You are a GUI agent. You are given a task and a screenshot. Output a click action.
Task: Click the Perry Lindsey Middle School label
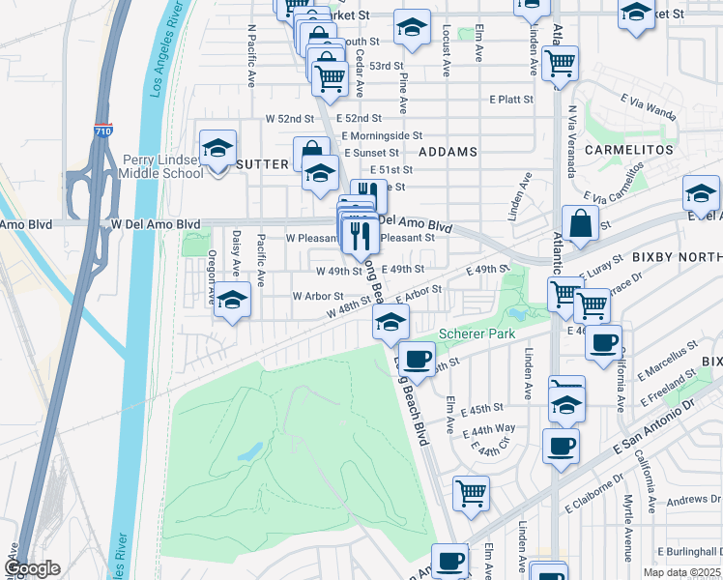[162, 166]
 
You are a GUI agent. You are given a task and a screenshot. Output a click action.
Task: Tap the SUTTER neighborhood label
[264, 165]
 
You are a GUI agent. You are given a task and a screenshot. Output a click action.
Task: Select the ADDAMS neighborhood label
[448, 153]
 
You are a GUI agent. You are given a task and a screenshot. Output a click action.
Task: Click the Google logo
[32, 569]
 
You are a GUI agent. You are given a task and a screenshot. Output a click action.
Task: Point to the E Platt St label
[511, 100]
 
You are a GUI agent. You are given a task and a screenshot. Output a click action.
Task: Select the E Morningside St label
[383, 135]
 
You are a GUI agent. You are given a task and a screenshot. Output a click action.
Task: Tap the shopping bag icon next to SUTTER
[312, 156]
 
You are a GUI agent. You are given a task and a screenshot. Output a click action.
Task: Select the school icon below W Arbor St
[232, 300]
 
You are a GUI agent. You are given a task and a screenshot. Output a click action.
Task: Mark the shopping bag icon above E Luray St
[583, 223]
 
